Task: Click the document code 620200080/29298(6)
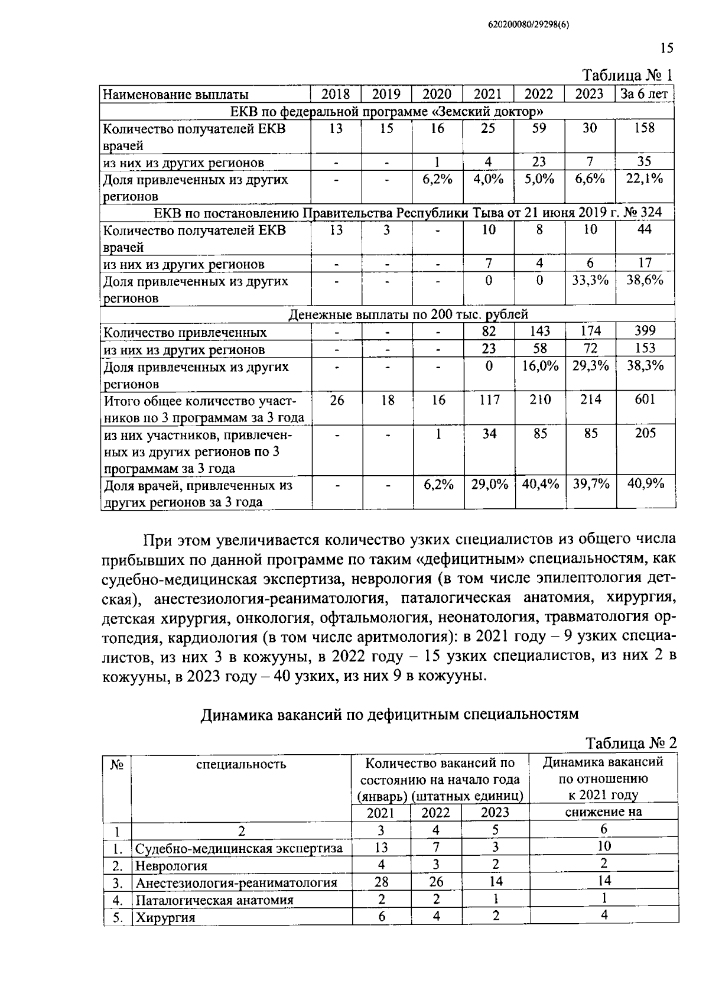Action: [x=528, y=24]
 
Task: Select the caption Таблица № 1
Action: [x=628, y=76]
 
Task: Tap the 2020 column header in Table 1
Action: [x=437, y=95]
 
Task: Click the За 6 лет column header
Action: [x=645, y=95]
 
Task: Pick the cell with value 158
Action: [x=645, y=128]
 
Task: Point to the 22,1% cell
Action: [x=645, y=179]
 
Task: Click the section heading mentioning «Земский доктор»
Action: [x=387, y=111]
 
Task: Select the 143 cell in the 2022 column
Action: [x=539, y=332]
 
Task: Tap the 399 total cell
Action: [x=645, y=332]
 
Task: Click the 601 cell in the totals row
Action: [x=645, y=400]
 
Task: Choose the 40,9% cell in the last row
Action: [x=645, y=485]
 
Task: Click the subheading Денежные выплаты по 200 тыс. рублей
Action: [x=408, y=314]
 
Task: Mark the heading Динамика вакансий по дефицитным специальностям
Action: [x=389, y=715]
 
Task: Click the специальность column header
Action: [x=241, y=764]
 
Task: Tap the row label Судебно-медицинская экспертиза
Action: [x=239, y=849]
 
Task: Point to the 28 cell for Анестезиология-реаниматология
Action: [x=381, y=882]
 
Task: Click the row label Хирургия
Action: [x=165, y=918]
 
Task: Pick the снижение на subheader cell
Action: [x=603, y=812]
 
